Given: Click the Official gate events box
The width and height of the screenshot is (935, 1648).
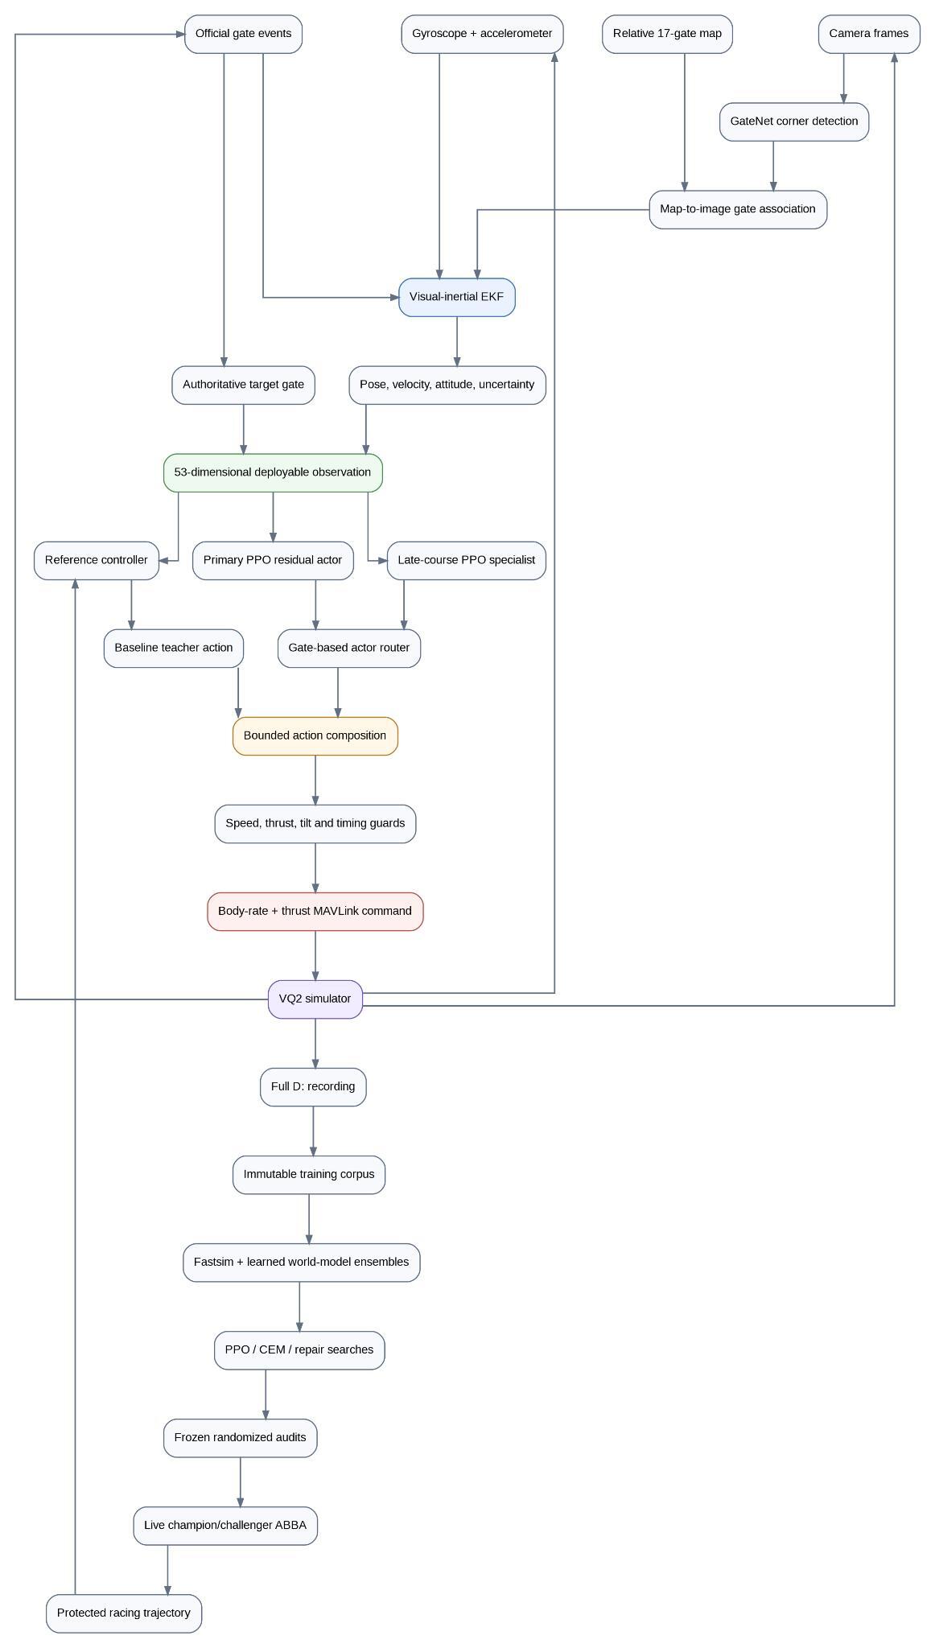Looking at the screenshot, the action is point(243,34).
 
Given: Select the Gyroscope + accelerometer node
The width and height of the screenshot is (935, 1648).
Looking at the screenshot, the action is point(482,34).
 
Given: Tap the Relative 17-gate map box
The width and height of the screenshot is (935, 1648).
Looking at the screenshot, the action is point(667,34).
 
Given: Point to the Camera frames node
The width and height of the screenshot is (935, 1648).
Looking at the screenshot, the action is point(869,34).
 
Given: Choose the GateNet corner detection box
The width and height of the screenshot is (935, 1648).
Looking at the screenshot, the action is point(794,122).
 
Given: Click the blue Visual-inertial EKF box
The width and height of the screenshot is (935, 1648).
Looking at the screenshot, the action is point(457,297).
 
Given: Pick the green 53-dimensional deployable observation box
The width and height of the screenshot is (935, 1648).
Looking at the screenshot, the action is point(273,472).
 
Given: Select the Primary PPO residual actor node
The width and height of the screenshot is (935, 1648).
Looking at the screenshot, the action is point(273,560).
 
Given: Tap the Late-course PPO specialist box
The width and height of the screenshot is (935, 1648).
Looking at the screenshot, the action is point(467,560).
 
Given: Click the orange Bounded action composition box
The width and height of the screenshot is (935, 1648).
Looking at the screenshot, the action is point(315,735).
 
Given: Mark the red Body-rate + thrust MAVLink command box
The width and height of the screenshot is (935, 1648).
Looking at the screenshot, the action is point(315,911).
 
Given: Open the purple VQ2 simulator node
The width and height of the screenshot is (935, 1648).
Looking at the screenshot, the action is point(315,999).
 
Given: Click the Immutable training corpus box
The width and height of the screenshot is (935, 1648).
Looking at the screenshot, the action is point(309,1174).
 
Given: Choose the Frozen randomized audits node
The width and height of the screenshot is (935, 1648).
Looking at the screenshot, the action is point(241,1437).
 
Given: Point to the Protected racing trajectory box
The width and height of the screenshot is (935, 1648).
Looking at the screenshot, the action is point(124,1613).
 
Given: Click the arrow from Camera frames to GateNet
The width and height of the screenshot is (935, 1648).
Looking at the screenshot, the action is point(844,78).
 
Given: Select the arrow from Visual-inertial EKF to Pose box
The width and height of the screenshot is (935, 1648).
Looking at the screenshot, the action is point(457,341).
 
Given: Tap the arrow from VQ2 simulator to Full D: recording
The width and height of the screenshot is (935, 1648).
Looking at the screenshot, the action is point(315,1043).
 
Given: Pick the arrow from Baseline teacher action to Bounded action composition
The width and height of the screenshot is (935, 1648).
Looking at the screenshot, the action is point(238,692).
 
